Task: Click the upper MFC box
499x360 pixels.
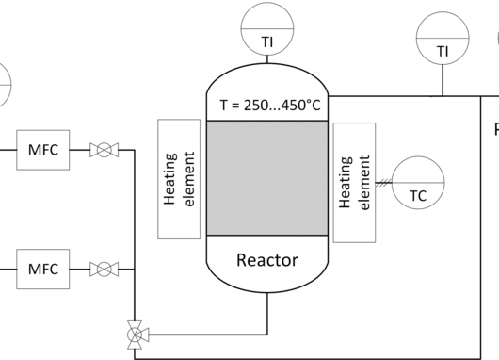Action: coord(43,150)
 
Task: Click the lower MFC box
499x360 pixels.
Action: coord(43,270)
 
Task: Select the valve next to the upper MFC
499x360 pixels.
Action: coord(105,150)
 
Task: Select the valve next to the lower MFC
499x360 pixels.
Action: coord(105,270)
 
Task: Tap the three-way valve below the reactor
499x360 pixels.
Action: coord(135,335)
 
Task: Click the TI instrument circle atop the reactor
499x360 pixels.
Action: coord(267,28)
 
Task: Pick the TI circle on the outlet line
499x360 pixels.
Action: coord(443,39)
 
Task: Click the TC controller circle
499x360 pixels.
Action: coord(418,183)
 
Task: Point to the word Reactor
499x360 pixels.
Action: coord(267,260)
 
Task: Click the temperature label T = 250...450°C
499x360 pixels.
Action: coord(270,106)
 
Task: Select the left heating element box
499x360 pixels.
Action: coord(179,179)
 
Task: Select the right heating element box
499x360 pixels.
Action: coord(355,183)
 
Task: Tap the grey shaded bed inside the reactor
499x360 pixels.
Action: coord(267,178)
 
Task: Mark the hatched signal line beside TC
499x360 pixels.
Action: coord(383,183)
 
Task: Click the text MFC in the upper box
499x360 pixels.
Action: coord(43,150)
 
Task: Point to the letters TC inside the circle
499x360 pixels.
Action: coord(418,196)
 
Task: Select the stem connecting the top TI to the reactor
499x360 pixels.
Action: coord(267,59)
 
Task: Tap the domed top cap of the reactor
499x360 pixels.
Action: coord(267,64)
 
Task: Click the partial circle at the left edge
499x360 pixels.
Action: coord(10,86)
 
